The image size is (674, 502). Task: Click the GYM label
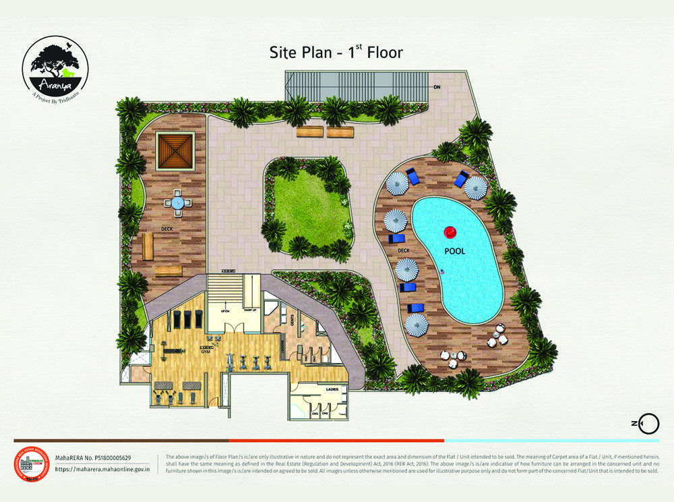tap(204, 352)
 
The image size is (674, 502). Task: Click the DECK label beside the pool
tap(404, 250)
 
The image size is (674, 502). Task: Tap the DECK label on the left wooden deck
tap(166, 229)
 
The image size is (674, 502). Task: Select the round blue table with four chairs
tap(177, 202)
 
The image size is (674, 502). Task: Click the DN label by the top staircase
tap(437, 87)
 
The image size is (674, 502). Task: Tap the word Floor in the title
tap(381, 52)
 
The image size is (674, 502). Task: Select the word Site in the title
tap(284, 52)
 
